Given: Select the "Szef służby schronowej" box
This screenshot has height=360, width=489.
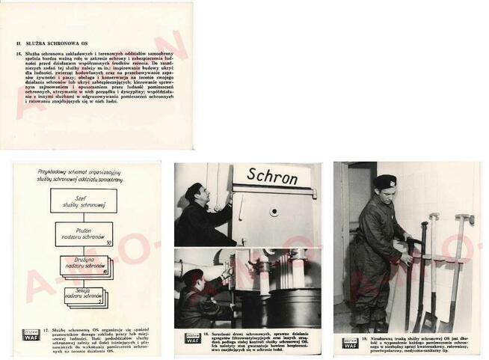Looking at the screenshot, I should [84, 201].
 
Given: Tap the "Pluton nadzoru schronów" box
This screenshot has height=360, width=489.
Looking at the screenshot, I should [84, 234].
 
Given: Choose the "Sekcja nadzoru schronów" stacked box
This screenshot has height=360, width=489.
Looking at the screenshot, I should [83, 297].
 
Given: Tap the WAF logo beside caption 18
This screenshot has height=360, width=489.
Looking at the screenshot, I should [192, 338].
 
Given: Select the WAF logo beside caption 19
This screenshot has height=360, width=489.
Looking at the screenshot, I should [350, 343].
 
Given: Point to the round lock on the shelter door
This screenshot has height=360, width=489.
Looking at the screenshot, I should [274, 213].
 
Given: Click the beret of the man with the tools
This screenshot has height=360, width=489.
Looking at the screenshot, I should [384, 180].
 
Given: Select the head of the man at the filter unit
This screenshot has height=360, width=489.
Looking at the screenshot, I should [191, 278].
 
